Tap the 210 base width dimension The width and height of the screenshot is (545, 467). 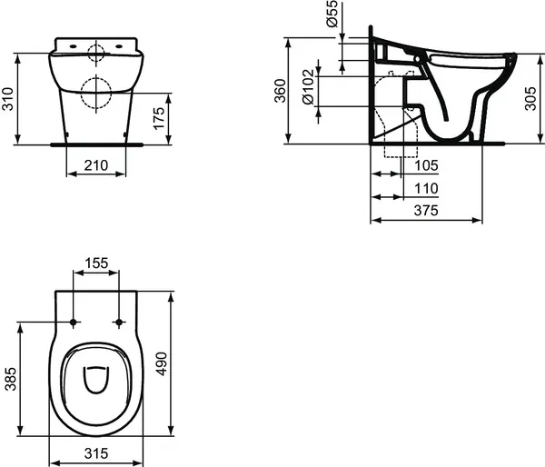tap(95, 165)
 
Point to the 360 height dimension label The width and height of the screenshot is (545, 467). tap(280, 91)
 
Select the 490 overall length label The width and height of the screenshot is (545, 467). tap(185, 364)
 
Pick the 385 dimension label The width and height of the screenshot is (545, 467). tap(8, 379)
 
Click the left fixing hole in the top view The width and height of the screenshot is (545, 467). tap(73, 322)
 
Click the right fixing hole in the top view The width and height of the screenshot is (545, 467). tap(119, 322)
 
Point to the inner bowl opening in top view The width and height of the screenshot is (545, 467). tap(95, 380)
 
